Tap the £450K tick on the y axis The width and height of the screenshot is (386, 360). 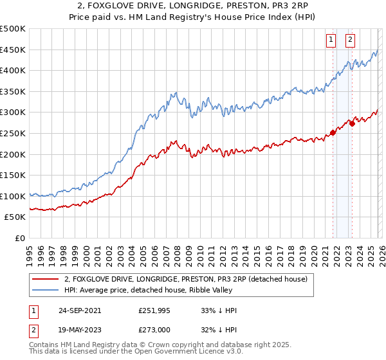tap(12, 50)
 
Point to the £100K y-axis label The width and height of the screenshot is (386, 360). tap(12, 196)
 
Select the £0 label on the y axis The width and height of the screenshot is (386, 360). tap(20, 238)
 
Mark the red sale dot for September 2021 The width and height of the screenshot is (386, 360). tap(333, 133)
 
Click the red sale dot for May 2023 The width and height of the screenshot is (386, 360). tap(352, 123)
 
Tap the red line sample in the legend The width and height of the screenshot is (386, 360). tap(46, 279)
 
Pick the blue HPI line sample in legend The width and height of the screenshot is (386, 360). tap(46, 290)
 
